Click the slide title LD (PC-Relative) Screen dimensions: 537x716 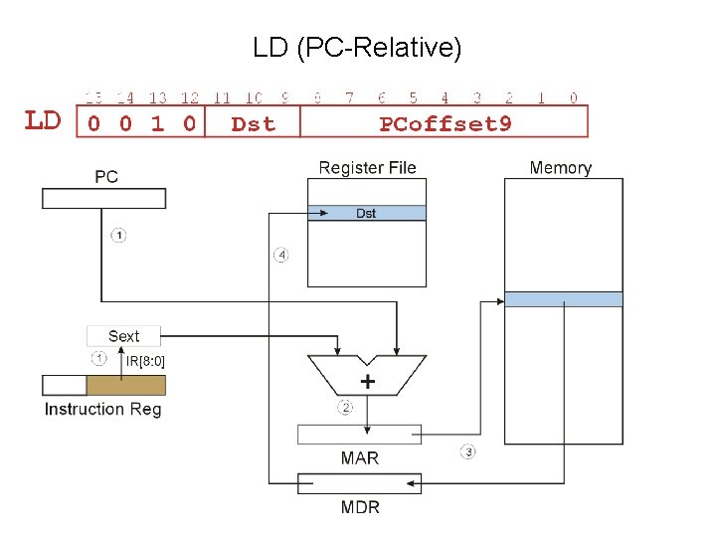[357, 47]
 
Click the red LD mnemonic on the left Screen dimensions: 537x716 [43, 121]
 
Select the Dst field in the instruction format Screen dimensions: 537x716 [252, 123]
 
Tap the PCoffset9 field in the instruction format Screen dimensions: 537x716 [445, 123]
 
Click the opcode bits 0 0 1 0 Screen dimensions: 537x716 [140, 123]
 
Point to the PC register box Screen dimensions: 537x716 [103, 198]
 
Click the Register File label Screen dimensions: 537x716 [367, 167]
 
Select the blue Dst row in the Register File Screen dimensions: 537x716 [366, 213]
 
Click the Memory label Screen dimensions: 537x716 [560, 167]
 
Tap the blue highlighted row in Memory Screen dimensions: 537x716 [564, 299]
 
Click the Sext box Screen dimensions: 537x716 [123, 336]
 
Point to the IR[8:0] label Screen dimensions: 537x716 [145, 361]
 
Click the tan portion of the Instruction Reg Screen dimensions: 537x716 [125, 385]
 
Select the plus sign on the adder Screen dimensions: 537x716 [368, 382]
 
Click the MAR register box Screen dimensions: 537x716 [360, 435]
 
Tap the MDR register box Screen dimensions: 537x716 [360, 483]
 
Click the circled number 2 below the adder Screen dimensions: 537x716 [345, 408]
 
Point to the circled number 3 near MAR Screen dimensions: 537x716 [467, 452]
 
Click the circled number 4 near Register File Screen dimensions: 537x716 [281, 256]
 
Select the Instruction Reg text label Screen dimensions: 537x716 [102, 409]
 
